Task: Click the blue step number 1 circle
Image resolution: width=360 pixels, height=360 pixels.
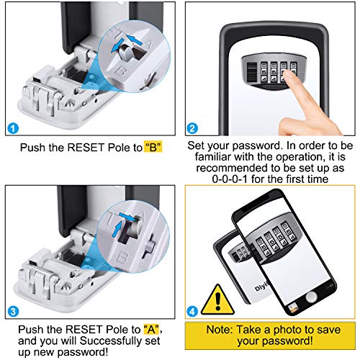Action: [13, 128]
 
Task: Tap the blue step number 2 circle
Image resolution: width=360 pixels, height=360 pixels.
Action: [192, 128]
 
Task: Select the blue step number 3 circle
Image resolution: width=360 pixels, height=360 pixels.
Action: [13, 312]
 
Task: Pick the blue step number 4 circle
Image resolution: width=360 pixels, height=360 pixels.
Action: [192, 312]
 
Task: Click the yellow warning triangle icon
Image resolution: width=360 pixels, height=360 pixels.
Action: [217, 301]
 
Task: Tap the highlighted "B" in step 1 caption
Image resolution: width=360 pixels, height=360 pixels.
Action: [153, 148]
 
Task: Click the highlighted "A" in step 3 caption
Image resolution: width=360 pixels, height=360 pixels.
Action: [151, 329]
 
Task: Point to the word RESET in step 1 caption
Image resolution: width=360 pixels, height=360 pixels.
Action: [86, 148]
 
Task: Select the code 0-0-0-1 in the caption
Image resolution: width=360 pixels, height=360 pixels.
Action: [230, 179]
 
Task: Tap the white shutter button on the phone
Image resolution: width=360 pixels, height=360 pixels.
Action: [312, 297]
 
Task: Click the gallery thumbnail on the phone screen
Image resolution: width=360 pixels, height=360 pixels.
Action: [293, 308]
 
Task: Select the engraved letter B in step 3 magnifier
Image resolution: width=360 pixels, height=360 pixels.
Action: [122, 257]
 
